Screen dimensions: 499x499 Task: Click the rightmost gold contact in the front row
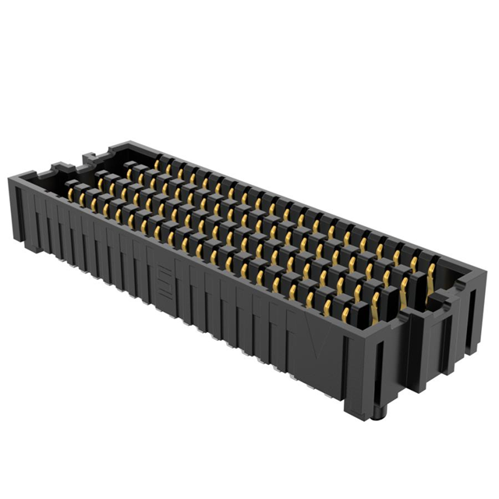pyautogui.click(x=345, y=314)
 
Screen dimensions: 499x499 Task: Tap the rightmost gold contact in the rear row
pyautogui.click(x=431, y=271)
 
